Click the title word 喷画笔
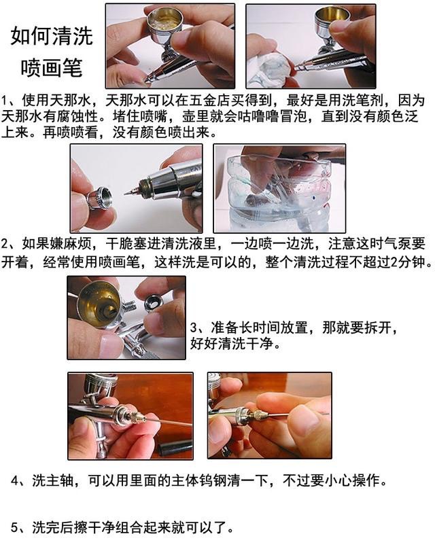(x=52, y=67)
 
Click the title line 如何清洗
(x=52, y=36)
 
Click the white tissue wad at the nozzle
(x=269, y=70)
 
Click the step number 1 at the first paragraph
(x=5, y=101)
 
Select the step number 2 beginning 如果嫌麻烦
(x=5, y=244)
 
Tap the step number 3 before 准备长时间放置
(x=194, y=327)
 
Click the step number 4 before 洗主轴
(x=15, y=480)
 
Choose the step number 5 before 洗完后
(x=15, y=527)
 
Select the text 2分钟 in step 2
(x=407, y=262)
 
